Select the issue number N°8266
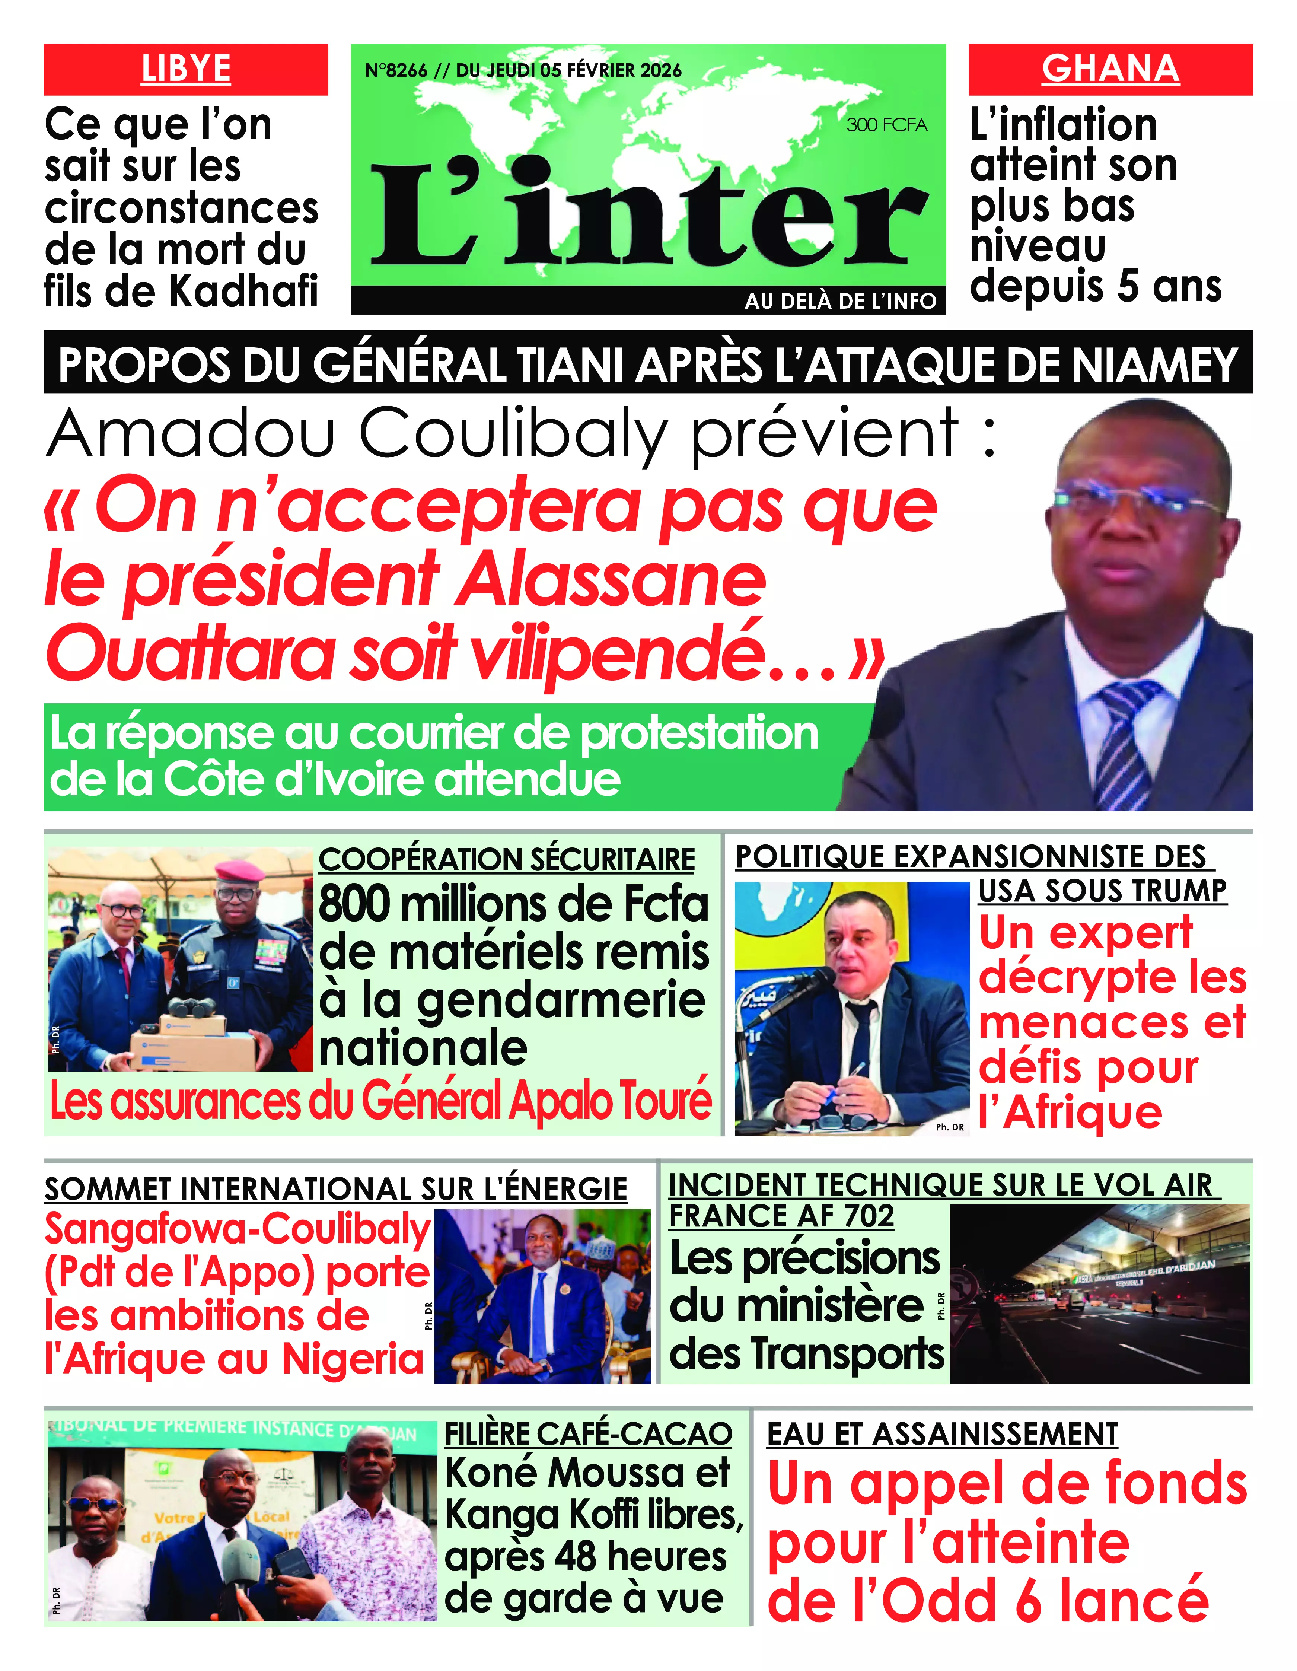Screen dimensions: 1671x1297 (x=396, y=70)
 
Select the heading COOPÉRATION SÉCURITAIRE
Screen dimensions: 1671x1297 (x=507, y=859)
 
